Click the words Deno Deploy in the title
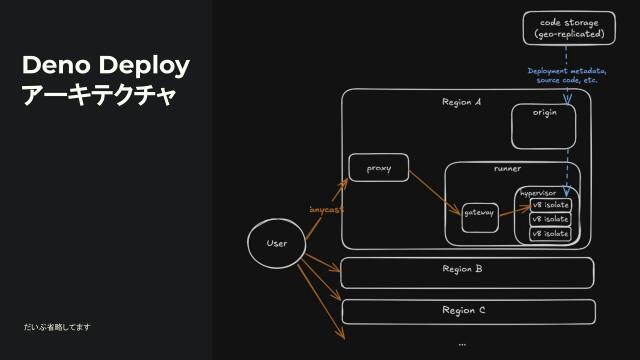click(x=106, y=66)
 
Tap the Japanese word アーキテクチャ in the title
click(x=99, y=96)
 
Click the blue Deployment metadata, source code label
click(x=567, y=75)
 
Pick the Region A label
click(x=461, y=102)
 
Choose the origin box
click(x=544, y=126)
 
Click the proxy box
click(x=379, y=168)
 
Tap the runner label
click(x=507, y=168)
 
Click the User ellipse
click(x=277, y=244)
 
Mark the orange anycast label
click(x=326, y=210)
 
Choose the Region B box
click(x=467, y=272)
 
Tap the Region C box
click(x=467, y=311)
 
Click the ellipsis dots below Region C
click(x=462, y=343)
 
